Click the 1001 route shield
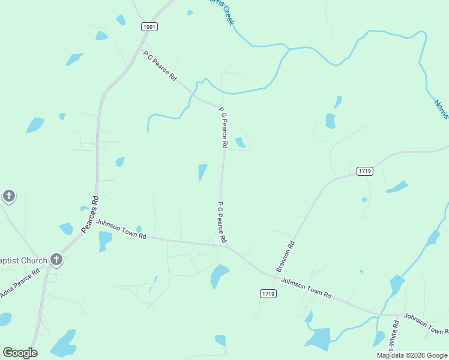pyautogui.click(x=149, y=26)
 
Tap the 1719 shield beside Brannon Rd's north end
pyautogui.click(x=364, y=171)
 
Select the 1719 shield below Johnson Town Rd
pyautogui.click(x=268, y=293)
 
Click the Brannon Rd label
pyautogui.click(x=286, y=257)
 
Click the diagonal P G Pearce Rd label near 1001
pyautogui.click(x=160, y=65)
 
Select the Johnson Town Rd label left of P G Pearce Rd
pyautogui.click(x=121, y=229)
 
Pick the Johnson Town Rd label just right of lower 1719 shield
pyautogui.click(x=306, y=288)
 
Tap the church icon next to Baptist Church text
pyautogui.click(x=56, y=260)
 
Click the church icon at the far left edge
pyautogui.click(x=8, y=196)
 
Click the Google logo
pyautogui.click(x=20, y=353)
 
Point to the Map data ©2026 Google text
pyautogui.click(x=411, y=355)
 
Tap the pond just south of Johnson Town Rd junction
pyautogui.click(x=219, y=276)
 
